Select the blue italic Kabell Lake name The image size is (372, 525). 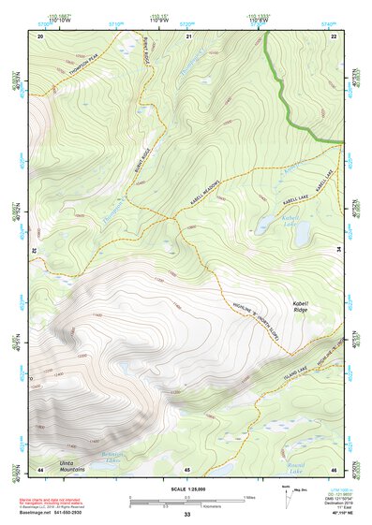coord(284,222)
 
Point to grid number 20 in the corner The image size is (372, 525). coord(40,36)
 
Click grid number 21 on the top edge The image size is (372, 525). coord(188,36)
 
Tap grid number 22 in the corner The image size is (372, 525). coord(334,36)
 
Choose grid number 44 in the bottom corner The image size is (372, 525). coord(40,468)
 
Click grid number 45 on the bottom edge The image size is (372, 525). coord(187,468)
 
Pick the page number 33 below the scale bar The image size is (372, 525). coord(187,515)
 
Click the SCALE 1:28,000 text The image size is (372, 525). coord(187,488)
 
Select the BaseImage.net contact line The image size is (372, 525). coord(51,514)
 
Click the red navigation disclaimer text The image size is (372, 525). coord(56,499)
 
